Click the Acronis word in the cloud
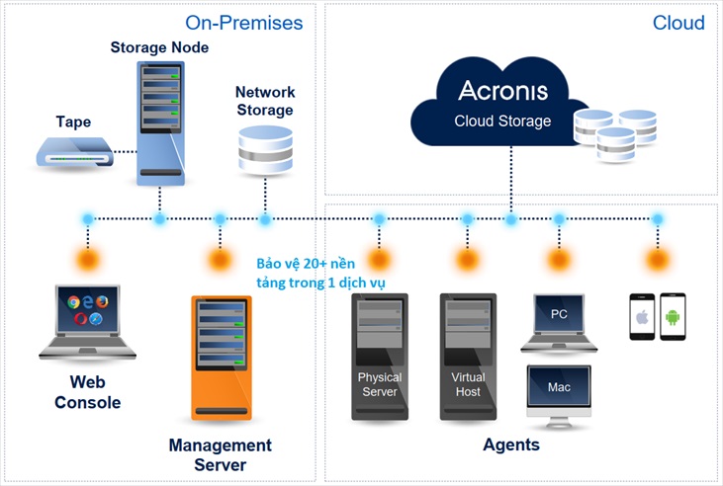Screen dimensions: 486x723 [502, 91]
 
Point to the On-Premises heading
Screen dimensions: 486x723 [244, 22]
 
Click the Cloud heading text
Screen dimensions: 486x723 [678, 22]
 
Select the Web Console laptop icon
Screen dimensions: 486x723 [86, 322]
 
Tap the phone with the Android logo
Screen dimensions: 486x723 [673, 316]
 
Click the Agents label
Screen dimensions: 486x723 [511, 445]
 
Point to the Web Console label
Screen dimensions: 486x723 [87, 392]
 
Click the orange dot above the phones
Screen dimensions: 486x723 [657, 260]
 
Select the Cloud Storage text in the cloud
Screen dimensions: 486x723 [502, 121]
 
